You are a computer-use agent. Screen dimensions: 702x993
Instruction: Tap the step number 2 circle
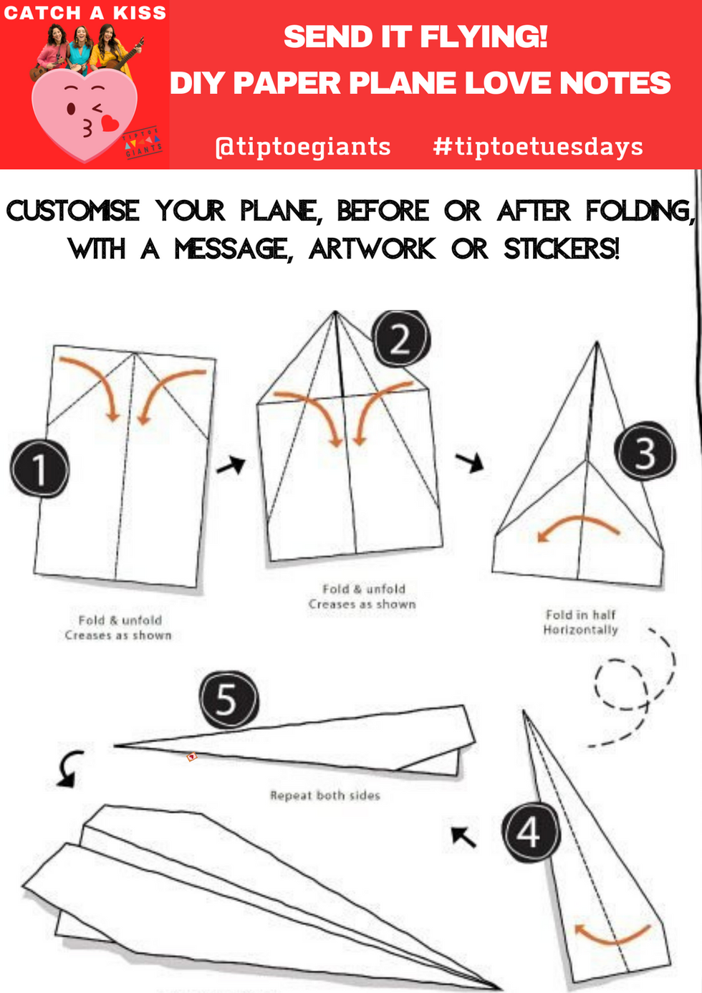click(x=400, y=338)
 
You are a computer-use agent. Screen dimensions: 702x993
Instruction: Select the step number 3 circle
click(x=645, y=451)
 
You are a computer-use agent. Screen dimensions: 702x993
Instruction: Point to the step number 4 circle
click(x=530, y=833)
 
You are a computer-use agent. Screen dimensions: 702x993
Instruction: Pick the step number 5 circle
click(x=228, y=699)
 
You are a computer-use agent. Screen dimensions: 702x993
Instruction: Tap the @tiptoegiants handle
click(x=303, y=146)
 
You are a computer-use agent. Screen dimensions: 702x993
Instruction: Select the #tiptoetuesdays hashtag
click(x=538, y=146)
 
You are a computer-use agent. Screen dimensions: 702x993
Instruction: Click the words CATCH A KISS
click(x=85, y=12)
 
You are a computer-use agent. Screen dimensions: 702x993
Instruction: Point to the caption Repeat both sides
click(x=324, y=795)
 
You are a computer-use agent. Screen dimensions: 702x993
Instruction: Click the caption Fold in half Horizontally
click(x=580, y=622)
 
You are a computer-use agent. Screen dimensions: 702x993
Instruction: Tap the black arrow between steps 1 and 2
click(x=231, y=466)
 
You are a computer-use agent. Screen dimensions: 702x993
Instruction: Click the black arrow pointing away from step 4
click(x=463, y=835)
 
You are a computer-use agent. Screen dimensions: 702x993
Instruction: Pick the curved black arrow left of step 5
click(x=69, y=768)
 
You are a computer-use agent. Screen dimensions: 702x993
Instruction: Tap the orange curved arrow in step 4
click(x=612, y=935)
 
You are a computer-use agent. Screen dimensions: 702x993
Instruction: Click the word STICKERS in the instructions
click(x=561, y=249)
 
